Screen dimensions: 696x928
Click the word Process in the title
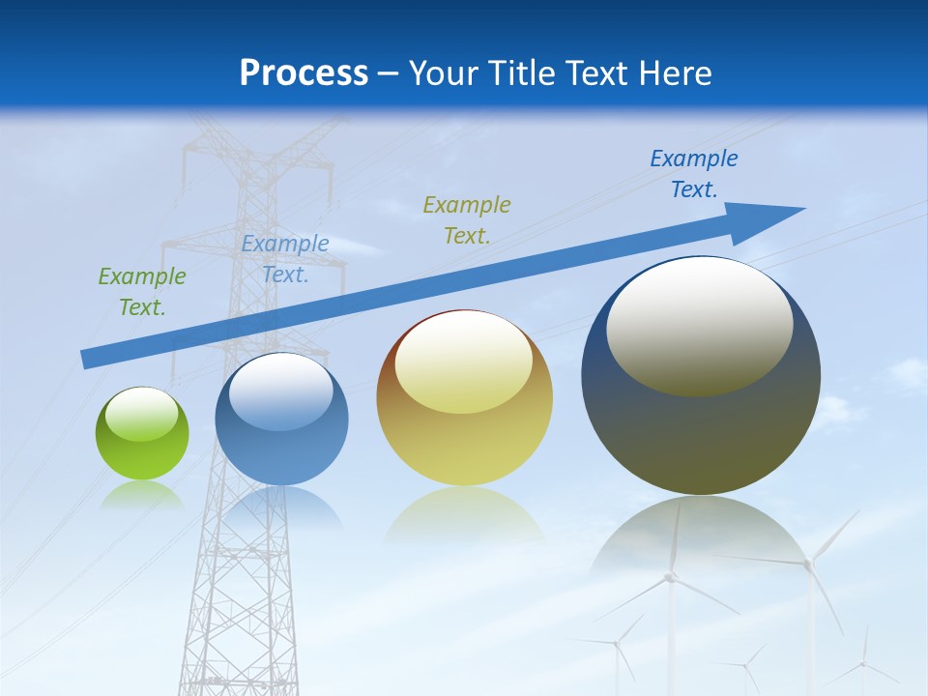(304, 73)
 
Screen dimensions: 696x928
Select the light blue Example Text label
(285, 259)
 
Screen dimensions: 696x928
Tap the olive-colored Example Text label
(467, 219)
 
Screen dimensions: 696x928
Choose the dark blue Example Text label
(694, 174)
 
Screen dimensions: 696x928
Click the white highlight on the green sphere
(142, 414)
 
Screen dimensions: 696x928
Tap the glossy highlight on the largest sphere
(699, 325)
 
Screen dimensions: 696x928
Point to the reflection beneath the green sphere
(142, 495)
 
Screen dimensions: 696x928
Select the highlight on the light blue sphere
(281, 391)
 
